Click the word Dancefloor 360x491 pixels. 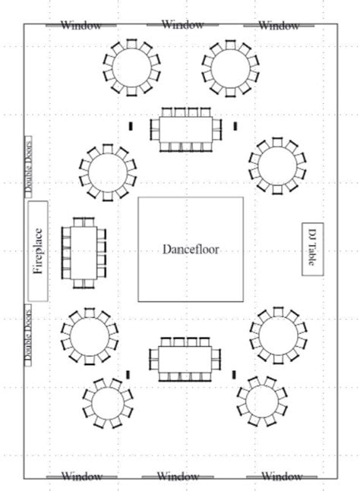tap(190, 249)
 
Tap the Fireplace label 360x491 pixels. tap(37, 250)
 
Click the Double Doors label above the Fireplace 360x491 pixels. tap(28, 168)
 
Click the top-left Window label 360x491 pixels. tap(81, 25)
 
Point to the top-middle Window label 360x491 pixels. tap(182, 24)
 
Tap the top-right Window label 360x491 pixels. tap(279, 25)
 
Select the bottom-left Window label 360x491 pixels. tap(81, 477)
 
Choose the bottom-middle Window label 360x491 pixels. tap(178, 477)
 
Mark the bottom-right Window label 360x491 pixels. tap(282, 477)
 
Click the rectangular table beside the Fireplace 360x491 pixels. tap(84, 253)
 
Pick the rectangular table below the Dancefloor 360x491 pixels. tap(187, 359)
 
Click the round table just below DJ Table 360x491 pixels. tap(278, 334)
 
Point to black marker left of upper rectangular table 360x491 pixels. tap(131, 125)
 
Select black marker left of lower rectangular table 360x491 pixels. tap(128, 374)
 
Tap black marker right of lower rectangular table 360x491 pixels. tap(233, 374)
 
